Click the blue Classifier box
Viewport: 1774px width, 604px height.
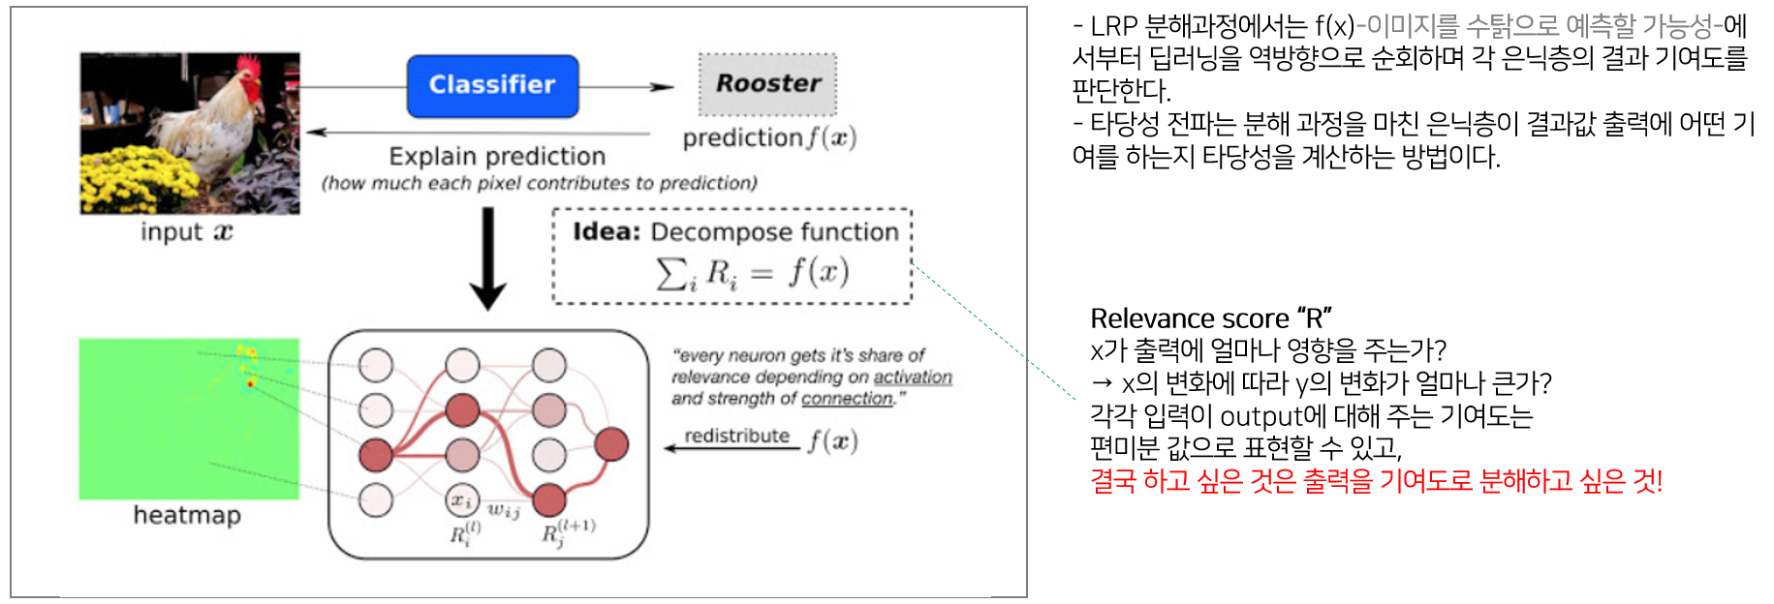492,86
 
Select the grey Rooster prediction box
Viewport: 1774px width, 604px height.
767,84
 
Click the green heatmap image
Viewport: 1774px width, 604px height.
189,418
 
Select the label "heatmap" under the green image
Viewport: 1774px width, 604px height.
187,515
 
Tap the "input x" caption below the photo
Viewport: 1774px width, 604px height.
187,232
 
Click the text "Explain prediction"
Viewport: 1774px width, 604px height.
497,156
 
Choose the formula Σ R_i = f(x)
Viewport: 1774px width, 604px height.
752,273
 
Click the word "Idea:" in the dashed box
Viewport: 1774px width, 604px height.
607,232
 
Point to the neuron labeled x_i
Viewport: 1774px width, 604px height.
461,499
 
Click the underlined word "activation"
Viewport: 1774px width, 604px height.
913,377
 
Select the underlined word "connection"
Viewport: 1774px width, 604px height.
847,398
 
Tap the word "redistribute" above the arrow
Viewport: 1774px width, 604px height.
736,436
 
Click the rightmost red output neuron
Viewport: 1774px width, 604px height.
611,444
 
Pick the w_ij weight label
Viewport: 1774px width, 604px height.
504,510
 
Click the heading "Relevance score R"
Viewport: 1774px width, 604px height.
1210,318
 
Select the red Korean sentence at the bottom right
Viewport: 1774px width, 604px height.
1376,481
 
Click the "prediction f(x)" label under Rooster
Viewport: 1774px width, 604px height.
769,138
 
